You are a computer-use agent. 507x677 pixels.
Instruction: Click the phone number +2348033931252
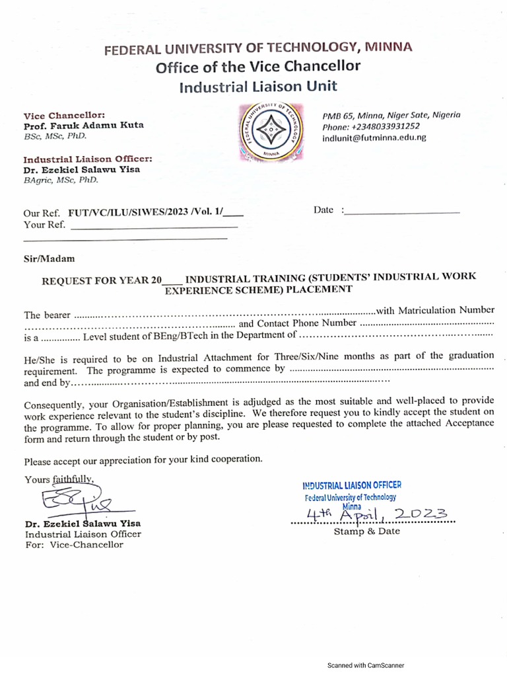point(371,126)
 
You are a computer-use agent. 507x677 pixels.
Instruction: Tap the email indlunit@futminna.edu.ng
point(374,138)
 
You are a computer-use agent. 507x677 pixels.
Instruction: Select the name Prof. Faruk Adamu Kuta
point(84,126)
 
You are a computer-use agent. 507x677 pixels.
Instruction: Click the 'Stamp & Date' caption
point(366,532)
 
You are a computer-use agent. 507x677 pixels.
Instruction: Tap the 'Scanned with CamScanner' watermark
point(366,666)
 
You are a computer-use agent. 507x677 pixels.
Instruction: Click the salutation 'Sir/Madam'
point(50,259)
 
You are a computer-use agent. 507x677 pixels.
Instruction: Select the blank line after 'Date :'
point(402,213)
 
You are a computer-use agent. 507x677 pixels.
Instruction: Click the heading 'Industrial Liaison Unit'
point(258,86)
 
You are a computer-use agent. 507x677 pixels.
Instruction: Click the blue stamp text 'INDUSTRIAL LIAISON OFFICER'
point(351,486)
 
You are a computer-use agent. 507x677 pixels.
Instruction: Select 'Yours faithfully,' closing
point(60,479)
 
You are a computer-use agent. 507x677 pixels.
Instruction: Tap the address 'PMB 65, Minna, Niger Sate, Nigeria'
point(391,115)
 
